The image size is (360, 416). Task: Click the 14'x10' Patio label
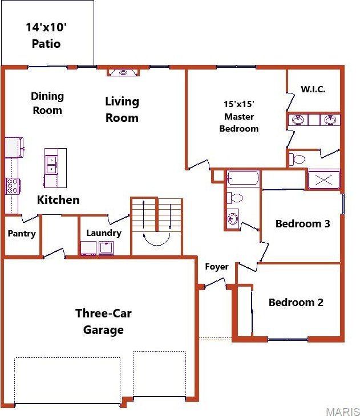point(47,35)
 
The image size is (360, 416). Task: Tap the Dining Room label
point(47,103)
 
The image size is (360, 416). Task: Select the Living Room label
point(122,109)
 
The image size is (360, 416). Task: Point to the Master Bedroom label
point(239,117)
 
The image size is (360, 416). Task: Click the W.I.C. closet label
point(313,89)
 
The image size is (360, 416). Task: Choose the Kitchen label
point(58,200)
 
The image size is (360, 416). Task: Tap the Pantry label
point(22,234)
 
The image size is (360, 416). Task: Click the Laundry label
point(104,233)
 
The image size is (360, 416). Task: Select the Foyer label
point(217,266)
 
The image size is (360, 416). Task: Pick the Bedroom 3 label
point(302,223)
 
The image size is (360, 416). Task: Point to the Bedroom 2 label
point(296,302)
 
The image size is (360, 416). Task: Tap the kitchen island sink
point(51,165)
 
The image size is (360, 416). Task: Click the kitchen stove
point(13,186)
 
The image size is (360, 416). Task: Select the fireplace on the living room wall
point(123,72)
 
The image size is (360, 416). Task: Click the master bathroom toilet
point(297,158)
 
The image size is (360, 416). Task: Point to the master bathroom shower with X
point(323,180)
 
